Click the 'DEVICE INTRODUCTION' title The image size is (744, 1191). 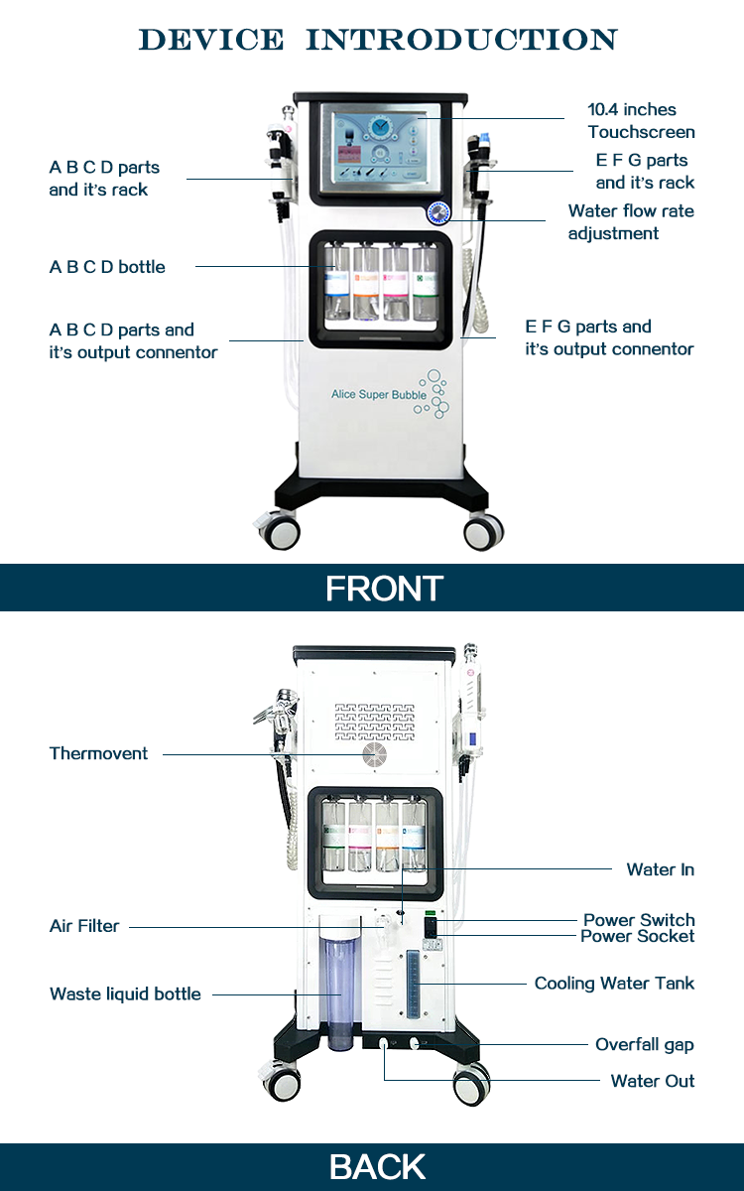pyautogui.click(x=378, y=40)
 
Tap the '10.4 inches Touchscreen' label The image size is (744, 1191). pyautogui.click(x=640, y=121)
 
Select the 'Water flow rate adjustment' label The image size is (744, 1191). pyautogui.click(x=630, y=222)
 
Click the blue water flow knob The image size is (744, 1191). pyautogui.click(x=437, y=213)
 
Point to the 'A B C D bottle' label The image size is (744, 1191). pyautogui.click(x=107, y=267)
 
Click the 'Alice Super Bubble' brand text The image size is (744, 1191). pyautogui.click(x=379, y=395)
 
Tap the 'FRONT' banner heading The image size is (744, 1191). pyautogui.click(x=384, y=589)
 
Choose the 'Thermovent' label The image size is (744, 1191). pyautogui.click(x=98, y=753)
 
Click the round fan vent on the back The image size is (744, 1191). pyautogui.click(x=373, y=755)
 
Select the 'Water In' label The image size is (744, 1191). pyautogui.click(x=660, y=869)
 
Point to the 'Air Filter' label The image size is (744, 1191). pyautogui.click(x=84, y=926)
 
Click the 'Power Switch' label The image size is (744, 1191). pyautogui.click(x=638, y=920)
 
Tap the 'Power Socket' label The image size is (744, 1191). pyautogui.click(x=637, y=936)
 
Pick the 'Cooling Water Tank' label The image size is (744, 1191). pyautogui.click(x=614, y=984)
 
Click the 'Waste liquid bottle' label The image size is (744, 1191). pyautogui.click(x=125, y=993)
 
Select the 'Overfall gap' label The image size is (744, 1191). pyautogui.click(x=644, y=1044)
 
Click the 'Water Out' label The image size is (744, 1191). pyautogui.click(x=652, y=1081)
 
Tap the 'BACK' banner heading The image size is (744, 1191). pyautogui.click(x=377, y=1167)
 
